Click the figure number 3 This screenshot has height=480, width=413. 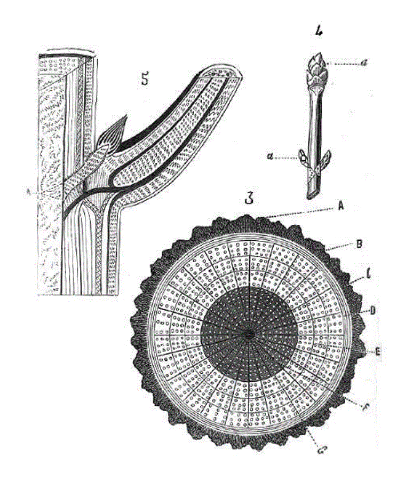[249, 199]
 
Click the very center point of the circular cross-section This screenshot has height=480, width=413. [249, 333]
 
